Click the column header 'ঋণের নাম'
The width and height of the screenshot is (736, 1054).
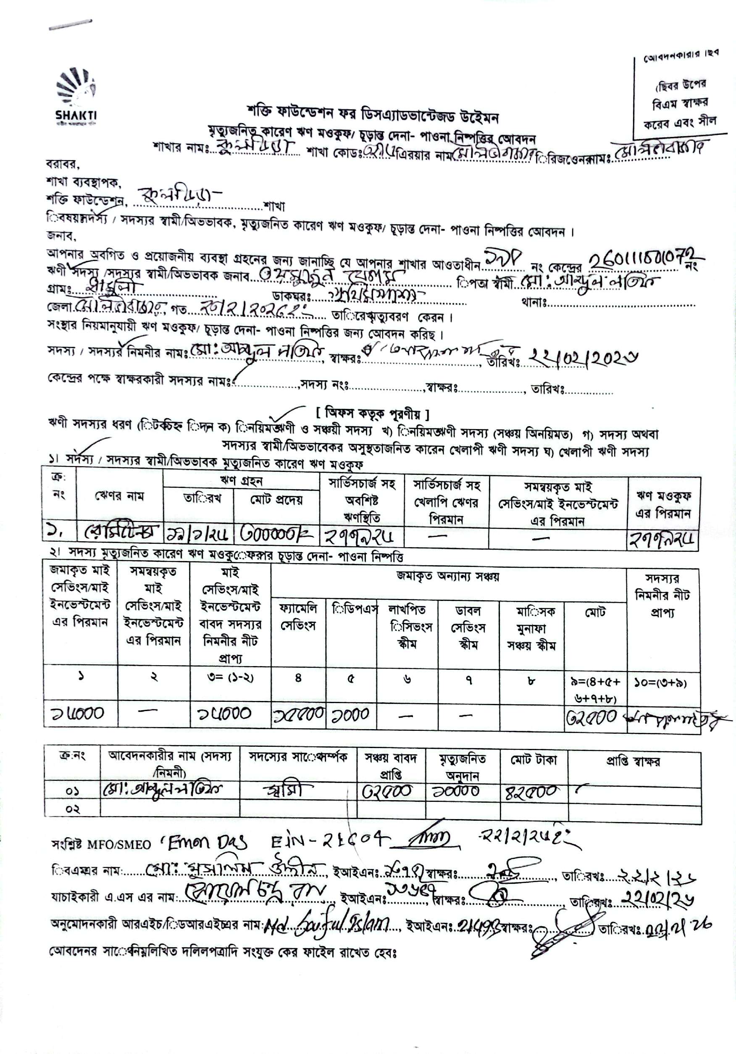click(119, 496)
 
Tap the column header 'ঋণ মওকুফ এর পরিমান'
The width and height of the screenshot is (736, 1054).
click(663, 504)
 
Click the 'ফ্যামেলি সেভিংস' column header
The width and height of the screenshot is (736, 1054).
click(298, 617)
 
